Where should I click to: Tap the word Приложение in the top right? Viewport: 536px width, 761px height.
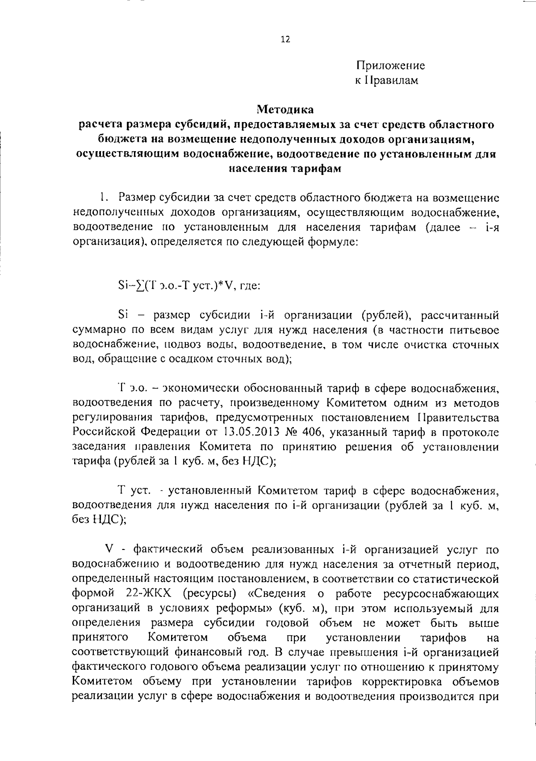(390, 66)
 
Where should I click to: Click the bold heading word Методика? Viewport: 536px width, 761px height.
(285, 109)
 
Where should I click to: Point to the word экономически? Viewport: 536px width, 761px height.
(196, 389)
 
